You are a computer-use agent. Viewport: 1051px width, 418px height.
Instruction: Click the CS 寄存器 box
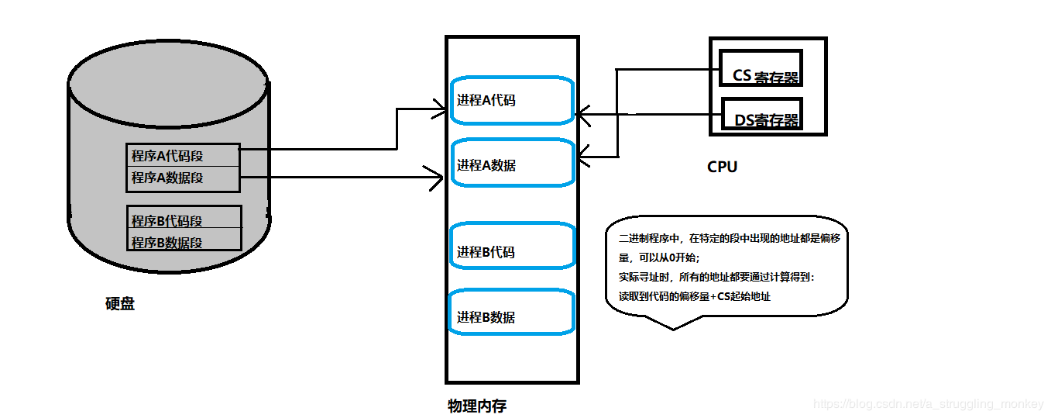tap(761, 68)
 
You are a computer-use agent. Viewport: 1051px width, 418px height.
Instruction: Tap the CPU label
tap(722, 167)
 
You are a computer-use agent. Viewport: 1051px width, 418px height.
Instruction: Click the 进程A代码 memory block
tap(511, 100)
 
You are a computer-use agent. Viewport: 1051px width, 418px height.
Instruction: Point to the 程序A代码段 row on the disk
tap(183, 156)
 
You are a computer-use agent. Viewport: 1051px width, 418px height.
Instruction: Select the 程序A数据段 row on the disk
tap(183, 178)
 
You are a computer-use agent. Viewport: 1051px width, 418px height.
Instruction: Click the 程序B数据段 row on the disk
tap(183, 241)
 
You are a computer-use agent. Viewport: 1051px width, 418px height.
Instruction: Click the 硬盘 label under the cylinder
tap(120, 304)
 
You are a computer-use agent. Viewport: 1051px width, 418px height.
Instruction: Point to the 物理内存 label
tap(477, 406)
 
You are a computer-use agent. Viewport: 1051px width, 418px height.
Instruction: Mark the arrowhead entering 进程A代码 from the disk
tap(439, 109)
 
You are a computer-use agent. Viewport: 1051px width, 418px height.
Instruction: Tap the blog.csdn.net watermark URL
tap(929, 404)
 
